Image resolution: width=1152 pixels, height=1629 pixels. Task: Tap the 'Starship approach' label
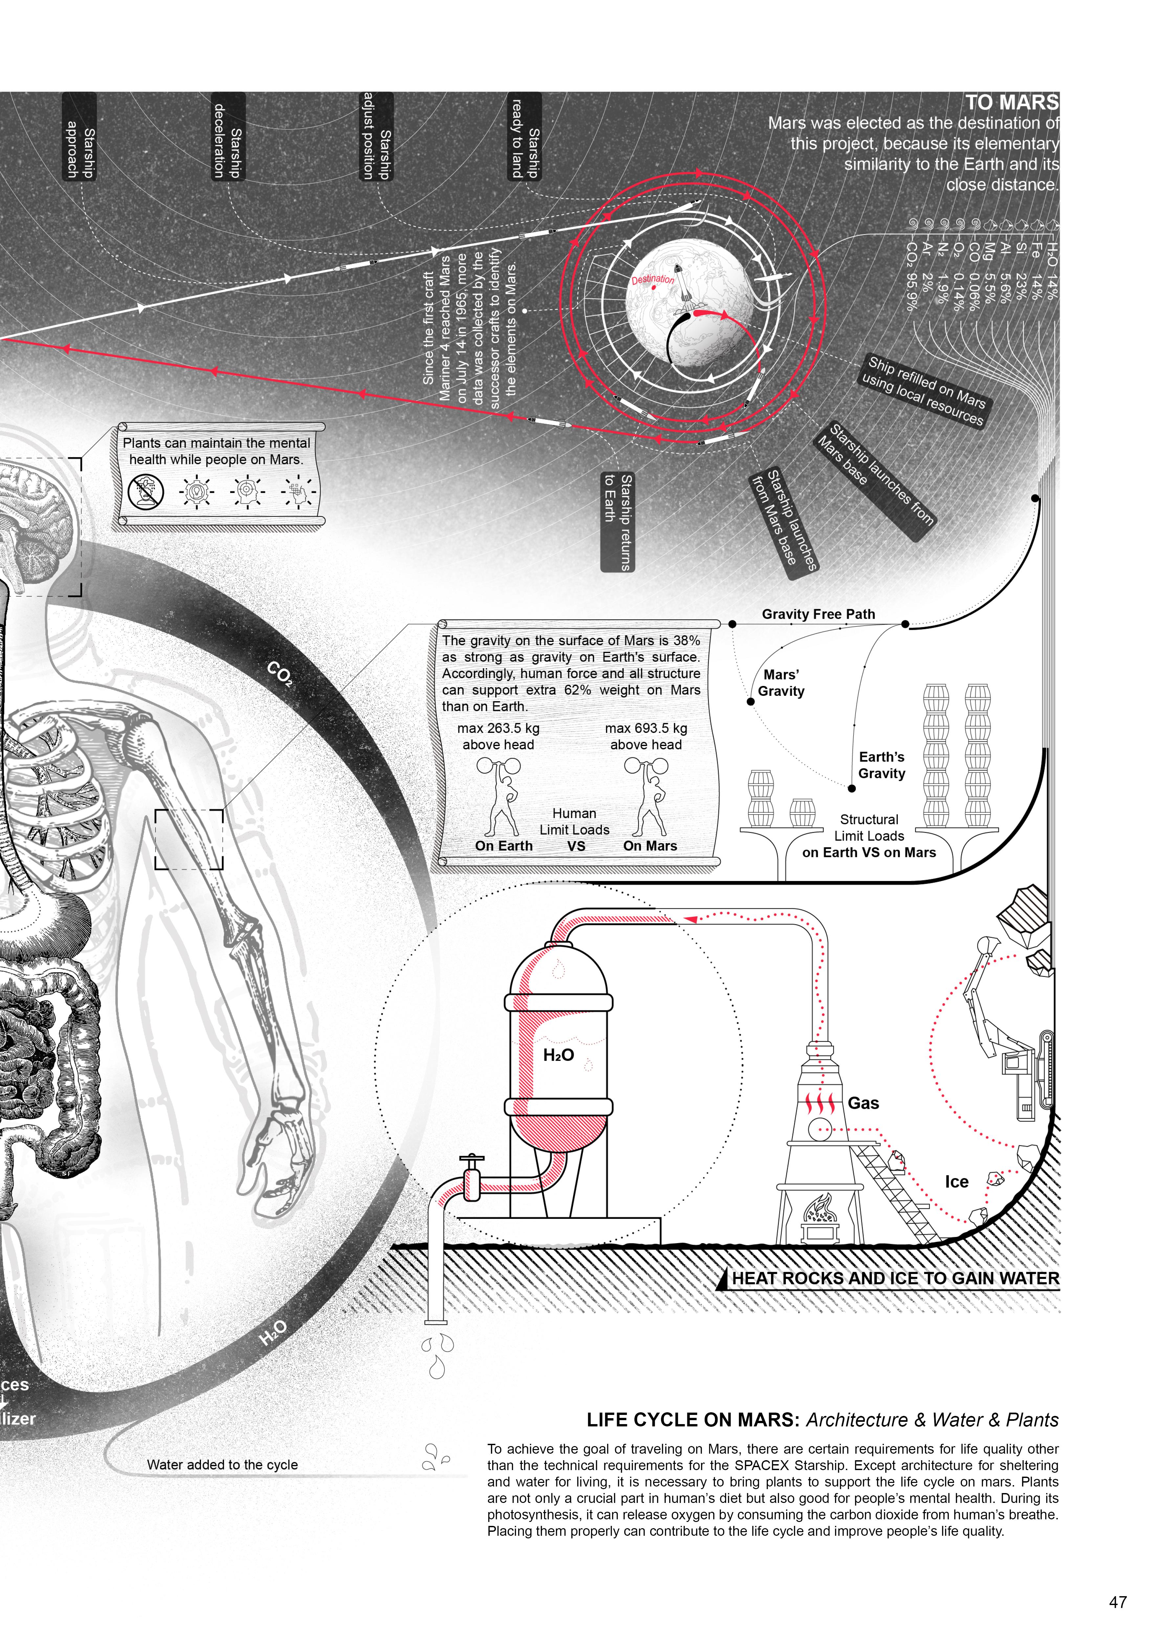79,137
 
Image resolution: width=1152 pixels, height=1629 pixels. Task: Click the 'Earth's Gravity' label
882,765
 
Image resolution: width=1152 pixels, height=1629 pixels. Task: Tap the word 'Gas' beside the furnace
863,1103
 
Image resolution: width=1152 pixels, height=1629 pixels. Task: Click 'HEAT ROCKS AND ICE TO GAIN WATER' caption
895,1279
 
